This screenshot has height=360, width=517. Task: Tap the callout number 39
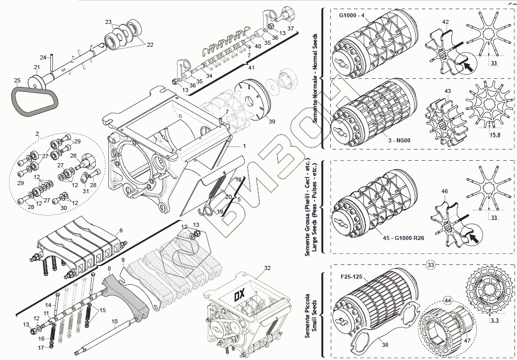272,122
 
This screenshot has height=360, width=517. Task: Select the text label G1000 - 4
352,15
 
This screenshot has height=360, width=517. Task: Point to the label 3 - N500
399,140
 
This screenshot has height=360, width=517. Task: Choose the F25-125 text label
352,277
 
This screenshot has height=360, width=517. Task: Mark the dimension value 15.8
495,135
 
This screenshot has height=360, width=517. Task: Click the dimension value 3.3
495,320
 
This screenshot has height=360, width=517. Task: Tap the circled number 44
447,301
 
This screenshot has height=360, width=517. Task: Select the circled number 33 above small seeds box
430,265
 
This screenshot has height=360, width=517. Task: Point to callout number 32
267,268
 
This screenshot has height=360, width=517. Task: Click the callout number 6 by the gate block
121,230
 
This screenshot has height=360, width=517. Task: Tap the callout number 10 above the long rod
114,321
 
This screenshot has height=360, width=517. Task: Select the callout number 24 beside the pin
43,57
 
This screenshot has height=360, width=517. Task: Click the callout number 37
291,28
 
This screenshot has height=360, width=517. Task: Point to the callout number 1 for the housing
244,146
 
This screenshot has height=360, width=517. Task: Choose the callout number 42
445,22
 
